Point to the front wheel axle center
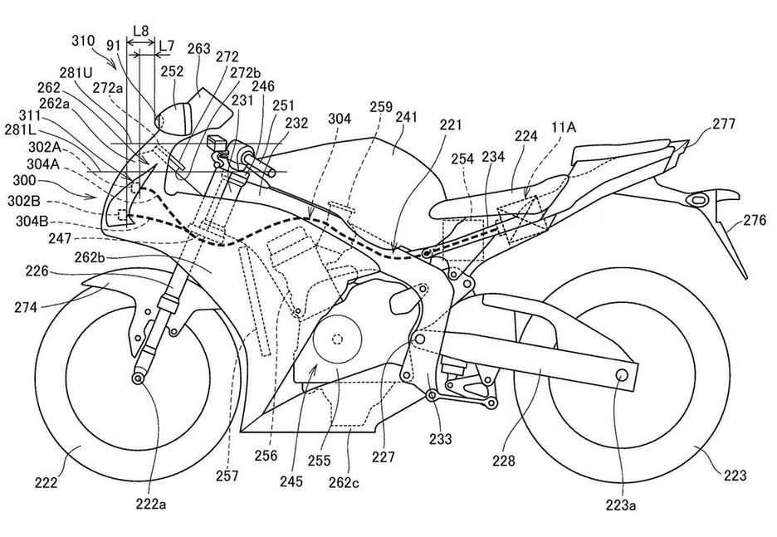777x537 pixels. (136, 378)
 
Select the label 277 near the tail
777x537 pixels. (725, 125)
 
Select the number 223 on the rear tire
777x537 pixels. (735, 476)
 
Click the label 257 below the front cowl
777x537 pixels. (226, 476)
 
